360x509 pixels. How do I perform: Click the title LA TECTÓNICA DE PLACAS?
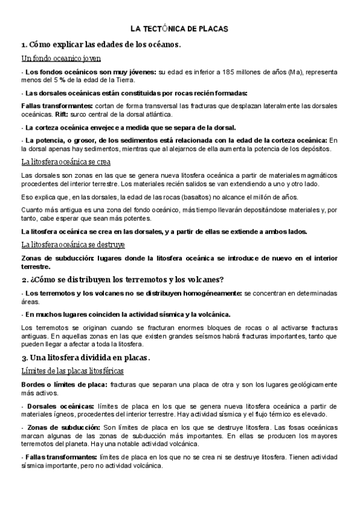click(x=180, y=28)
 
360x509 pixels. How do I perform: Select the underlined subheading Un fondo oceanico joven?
click(x=61, y=58)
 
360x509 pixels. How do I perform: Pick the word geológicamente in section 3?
click(x=312, y=384)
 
